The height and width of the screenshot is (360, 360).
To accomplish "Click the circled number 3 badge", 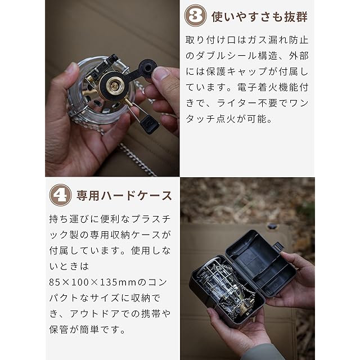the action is pyautogui.click(x=195, y=16).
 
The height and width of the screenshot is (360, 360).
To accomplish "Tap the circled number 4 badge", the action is pyautogui.click(x=60, y=195).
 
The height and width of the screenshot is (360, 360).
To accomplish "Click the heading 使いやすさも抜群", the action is pyautogui.click(x=259, y=17).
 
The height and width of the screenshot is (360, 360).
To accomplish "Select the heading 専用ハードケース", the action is pyautogui.click(x=124, y=196).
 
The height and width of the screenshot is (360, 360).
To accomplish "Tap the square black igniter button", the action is pyautogui.click(x=149, y=124).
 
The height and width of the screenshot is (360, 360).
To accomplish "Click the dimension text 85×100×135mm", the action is pyautogui.click(x=93, y=282).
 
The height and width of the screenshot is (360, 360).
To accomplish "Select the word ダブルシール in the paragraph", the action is pyautogui.click(x=221, y=56).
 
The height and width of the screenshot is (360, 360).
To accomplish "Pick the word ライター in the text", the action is pyautogui.click(x=237, y=103).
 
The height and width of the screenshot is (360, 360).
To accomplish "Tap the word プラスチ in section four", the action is pyautogui.click(x=151, y=219).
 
